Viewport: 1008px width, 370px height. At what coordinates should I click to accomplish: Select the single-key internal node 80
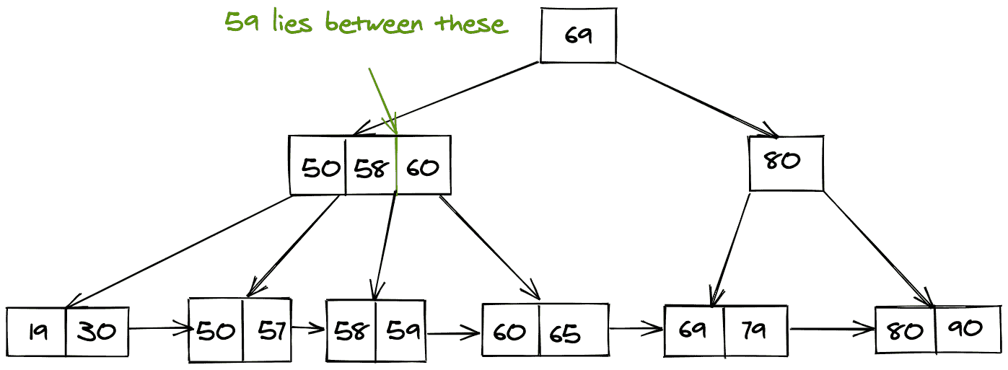pyautogui.click(x=785, y=162)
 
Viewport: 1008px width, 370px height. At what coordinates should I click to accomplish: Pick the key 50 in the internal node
pyautogui.click(x=320, y=168)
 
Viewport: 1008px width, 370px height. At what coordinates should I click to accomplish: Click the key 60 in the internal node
pyautogui.click(x=423, y=168)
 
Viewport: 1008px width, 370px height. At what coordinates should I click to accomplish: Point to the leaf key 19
pyautogui.click(x=38, y=331)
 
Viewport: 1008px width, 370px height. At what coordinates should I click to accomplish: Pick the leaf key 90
pyautogui.click(x=966, y=328)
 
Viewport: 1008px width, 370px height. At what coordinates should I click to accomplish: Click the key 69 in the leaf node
pyautogui.click(x=694, y=331)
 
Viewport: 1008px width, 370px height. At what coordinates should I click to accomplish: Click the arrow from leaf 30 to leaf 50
pyautogui.click(x=159, y=330)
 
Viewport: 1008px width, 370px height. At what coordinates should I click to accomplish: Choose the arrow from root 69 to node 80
pyautogui.click(x=696, y=100)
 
